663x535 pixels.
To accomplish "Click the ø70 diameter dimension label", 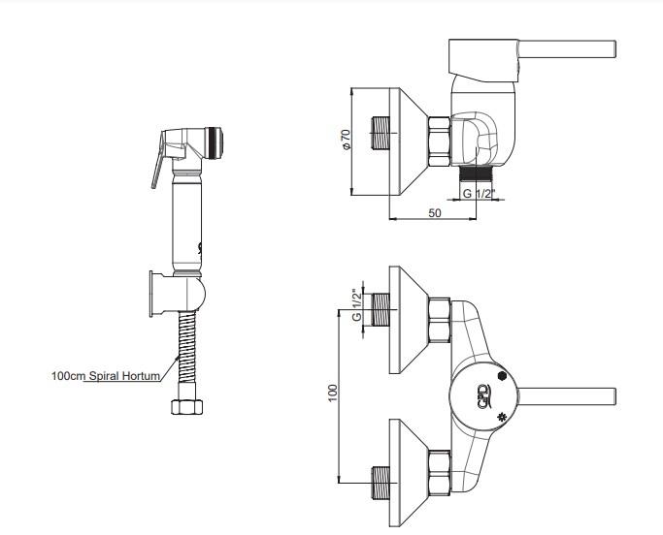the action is (347, 140).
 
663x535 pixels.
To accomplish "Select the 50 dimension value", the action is (435, 213).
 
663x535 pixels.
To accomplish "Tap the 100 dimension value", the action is (333, 393).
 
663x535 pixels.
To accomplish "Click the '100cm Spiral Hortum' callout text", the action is (106, 375).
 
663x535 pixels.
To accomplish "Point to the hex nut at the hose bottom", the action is (187, 407).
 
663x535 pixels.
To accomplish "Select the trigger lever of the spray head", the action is (157, 160).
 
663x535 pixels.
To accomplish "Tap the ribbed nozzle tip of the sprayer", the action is (215, 142).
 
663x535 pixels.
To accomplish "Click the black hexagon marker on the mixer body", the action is (502, 376).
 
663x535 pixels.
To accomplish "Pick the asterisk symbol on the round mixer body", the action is (502, 418).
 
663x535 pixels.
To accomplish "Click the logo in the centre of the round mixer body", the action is (483, 396).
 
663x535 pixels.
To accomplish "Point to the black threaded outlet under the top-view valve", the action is (476, 173).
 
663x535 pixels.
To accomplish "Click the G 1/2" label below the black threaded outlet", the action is (479, 194).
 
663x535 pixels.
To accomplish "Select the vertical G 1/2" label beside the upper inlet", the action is (357, 305).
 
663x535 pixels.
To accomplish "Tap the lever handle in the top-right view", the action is (567, 48).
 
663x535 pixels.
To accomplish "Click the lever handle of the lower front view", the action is (567, 396).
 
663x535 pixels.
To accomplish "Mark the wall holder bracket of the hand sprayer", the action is (178, 294).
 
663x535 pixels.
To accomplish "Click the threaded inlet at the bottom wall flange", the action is (381, 483).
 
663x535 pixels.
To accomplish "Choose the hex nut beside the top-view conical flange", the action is (440, 142).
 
